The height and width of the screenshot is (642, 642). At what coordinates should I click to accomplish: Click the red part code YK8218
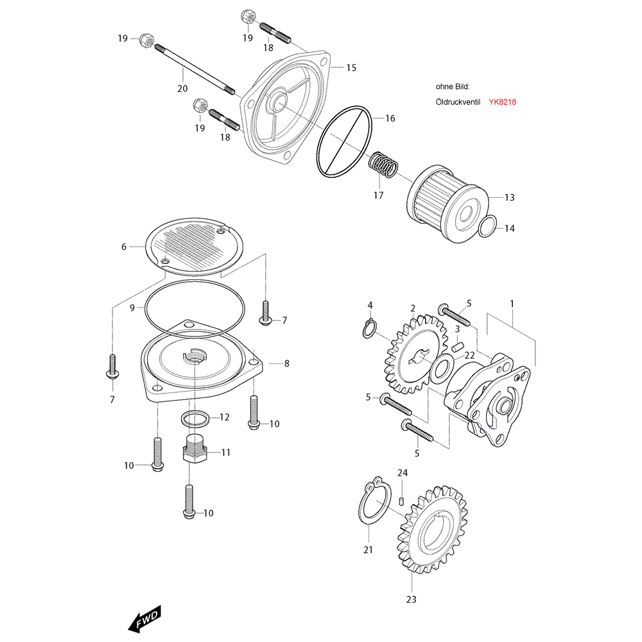tap(503, 102)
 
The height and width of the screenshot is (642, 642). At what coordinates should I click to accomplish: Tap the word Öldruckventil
tap(458, 102)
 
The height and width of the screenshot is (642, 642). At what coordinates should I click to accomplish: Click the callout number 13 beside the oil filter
tap(509, 198)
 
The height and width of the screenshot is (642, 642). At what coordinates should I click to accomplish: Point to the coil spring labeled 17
tap(383, 166)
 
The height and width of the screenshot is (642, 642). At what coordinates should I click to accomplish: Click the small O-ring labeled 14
tap(488, 227)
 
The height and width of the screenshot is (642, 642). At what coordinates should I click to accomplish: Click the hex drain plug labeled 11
tap(193, 450)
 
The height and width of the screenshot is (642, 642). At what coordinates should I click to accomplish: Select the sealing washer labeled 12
tap(195, 419)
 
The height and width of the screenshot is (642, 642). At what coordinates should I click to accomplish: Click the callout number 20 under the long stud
tap(182, 88)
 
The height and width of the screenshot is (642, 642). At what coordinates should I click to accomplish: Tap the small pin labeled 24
tap(401, 501)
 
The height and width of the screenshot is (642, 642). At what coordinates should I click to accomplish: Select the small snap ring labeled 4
tap(367, 329)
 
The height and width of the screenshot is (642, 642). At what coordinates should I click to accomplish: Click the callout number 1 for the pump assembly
tap(512, 302)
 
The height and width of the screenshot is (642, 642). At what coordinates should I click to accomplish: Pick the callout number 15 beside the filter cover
tap(351, 67)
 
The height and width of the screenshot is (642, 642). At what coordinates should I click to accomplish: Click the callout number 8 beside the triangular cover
tap(286, 363)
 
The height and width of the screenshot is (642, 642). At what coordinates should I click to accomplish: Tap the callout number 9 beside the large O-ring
tap(132, 308)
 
